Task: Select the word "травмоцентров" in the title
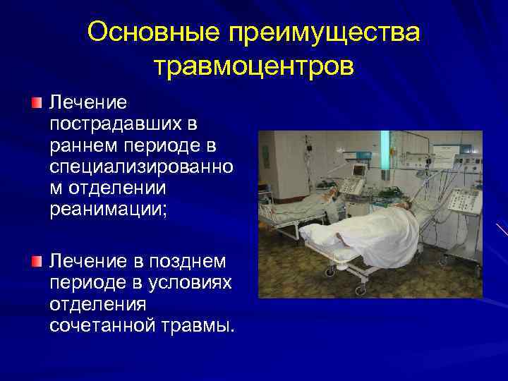254,67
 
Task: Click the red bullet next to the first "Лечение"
37,104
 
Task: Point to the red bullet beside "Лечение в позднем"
37,262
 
